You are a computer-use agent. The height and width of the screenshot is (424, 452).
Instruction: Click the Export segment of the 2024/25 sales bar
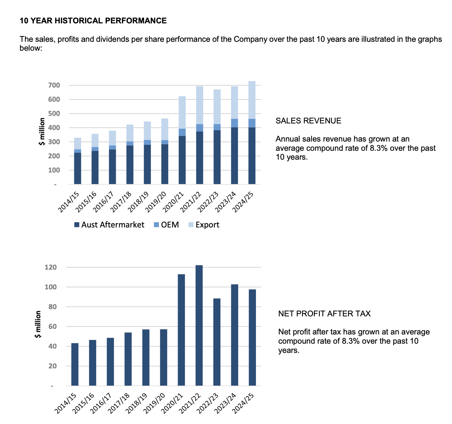click(x=252, y=100)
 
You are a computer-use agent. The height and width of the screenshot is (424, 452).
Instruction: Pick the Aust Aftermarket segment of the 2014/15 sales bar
click(x=78, y=168)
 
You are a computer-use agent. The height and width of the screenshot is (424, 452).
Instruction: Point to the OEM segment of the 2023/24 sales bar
click(x=234, y=123)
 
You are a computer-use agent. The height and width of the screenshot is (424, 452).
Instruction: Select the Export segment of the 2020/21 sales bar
click(x=182, y=112)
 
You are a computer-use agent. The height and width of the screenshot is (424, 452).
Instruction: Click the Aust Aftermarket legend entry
click(x=109, y=225)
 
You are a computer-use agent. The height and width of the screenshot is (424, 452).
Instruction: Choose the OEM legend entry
click(x=166, y=225)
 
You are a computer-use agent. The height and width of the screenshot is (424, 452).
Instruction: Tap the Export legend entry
click(x=204, y=225)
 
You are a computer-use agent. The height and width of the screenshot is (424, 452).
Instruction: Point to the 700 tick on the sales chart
click(x=54, y=85)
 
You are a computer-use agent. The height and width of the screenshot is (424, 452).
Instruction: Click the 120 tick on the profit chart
click(x=51, y=267)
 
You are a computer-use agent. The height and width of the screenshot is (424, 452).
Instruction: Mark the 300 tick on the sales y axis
click(x=54, y=142)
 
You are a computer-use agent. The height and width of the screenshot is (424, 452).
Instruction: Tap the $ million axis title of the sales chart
click(x=42, y=131)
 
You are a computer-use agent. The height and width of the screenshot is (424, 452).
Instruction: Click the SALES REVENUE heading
click(x=308, y=121)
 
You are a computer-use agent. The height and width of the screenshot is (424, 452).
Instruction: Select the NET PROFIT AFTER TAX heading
click(x=324, y=314)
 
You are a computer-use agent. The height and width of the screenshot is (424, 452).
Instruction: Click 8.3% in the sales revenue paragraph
click(x=379, y=148)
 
